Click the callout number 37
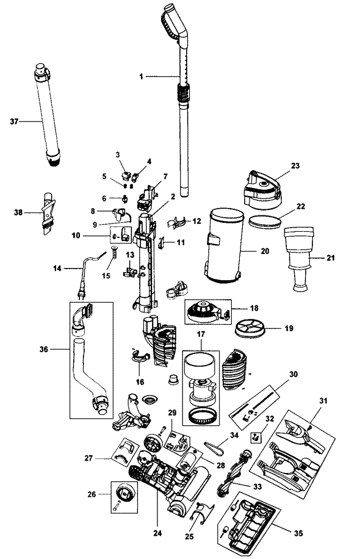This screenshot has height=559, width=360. pos(13,121)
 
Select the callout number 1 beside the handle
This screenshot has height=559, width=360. pos(142,76)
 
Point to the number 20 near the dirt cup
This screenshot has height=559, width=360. pos(264,251)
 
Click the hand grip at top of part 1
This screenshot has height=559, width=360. pos(173,18)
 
